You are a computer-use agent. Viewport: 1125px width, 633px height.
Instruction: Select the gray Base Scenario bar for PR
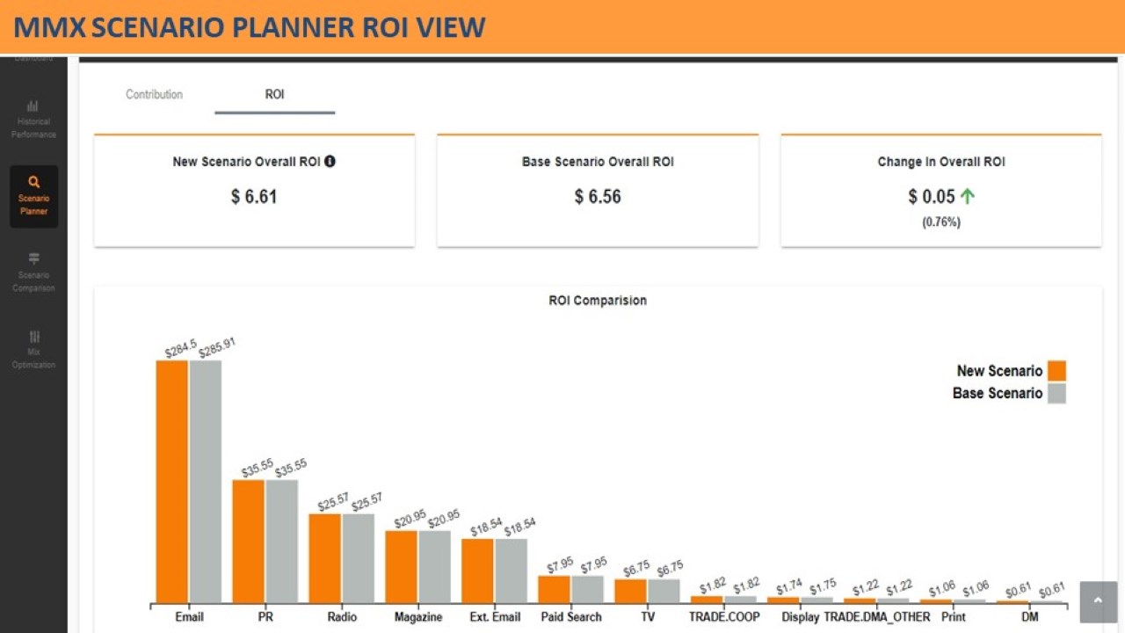click(x=282, y=541)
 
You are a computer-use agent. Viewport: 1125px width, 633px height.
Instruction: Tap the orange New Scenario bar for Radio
click(x=324, y=558)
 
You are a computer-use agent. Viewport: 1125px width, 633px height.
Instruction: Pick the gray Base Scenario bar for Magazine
click(x=435, y=566)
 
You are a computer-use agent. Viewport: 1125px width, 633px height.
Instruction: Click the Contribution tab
click(x=154, y=94)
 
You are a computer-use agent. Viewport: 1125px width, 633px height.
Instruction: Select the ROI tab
click(x=274, y=94)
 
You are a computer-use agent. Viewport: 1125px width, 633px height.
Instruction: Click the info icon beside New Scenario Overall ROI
click(x=330, y=161)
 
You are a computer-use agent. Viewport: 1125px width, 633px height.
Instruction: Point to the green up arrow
click(x=968, y=196)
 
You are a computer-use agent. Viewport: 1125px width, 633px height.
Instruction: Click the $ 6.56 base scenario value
click(x=598, y=196)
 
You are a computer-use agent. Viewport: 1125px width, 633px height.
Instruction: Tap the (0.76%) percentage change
click(x=941, y=222)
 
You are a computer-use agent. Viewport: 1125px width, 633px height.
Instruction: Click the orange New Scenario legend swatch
click(x=1056, y=370)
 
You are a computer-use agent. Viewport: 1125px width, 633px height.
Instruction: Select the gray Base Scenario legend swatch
click(x=1056, y=393)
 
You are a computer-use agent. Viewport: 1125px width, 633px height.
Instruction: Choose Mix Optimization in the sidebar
click(x=33, y=349)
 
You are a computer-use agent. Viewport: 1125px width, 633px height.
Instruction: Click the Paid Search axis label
click(x=571, y=617)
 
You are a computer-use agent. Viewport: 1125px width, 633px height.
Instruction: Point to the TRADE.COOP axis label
click(x=724, y=617)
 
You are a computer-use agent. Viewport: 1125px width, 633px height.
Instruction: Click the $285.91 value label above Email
click(x=217, y=347)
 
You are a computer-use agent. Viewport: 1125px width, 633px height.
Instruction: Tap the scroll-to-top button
click(x=1098, y=600)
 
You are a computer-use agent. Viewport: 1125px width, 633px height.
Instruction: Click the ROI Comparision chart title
click(x=598, y=301)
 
